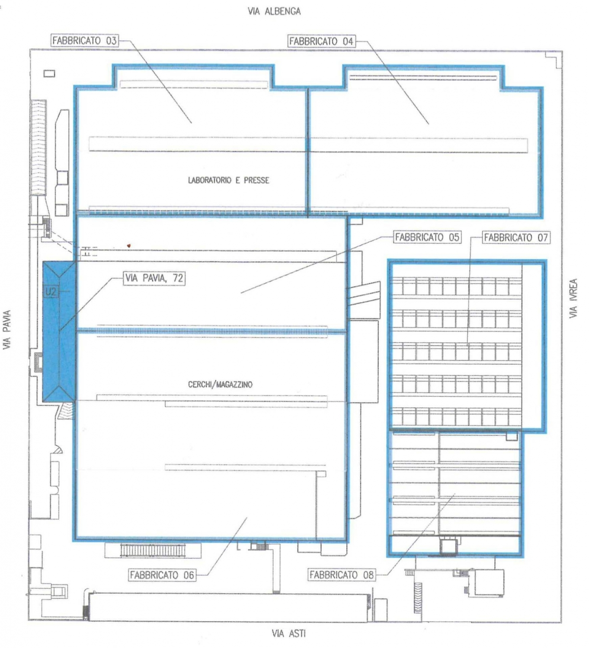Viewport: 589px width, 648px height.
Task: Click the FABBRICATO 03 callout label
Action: (85, 41)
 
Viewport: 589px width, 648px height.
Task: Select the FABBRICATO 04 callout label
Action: (321, 41)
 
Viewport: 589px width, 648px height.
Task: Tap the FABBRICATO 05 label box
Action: (427, 237)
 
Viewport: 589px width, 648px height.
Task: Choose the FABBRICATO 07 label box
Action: (515, 238)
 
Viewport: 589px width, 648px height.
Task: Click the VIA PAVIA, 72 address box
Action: (154, 278)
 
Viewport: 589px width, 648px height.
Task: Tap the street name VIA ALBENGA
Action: (274, 11)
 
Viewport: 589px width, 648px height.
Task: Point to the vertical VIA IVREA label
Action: (573, 298)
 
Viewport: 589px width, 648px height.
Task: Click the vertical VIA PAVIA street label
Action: (7, 330)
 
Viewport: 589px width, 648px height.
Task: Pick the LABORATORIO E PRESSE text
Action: (228, 180)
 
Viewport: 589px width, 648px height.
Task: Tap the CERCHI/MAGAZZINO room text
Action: (220, 384)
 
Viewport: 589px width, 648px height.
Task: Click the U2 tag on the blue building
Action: (51, 292)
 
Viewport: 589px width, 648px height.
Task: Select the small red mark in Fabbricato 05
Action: (129, 245)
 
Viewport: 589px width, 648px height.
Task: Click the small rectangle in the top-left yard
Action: (49, 73)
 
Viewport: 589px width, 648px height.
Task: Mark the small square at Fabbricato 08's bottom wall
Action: (448, 546)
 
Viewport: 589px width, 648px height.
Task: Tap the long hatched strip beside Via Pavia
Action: (38, 147)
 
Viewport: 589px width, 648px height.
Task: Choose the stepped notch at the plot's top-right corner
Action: (554, 60)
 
